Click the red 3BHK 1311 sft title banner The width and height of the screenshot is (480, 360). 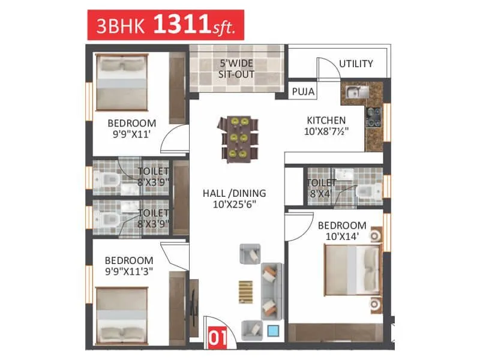click(166, 25)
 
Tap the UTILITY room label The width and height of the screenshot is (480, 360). click(356, 64)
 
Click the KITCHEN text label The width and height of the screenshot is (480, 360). click(326, 119)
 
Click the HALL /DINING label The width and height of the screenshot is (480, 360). click(233, 193)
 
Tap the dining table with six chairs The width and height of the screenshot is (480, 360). click(239, 139)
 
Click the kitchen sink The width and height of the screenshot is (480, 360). click(354, 92)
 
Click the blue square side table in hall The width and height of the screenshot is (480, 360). click(273, 330)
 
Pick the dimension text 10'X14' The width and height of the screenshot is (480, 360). click(342, 236)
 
